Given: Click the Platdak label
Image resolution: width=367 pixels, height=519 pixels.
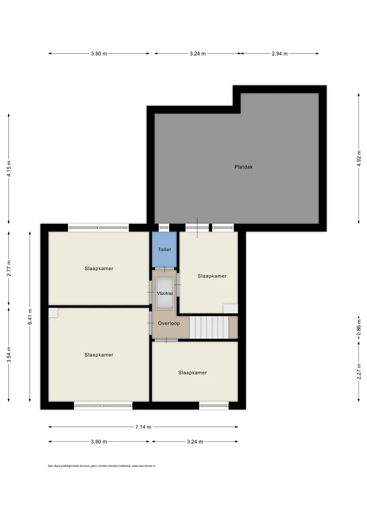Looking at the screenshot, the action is (243, 167).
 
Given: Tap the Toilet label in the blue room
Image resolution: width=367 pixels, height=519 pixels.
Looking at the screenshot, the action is (164, 250).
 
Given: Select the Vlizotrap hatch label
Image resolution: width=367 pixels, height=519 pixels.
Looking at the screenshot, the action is (165, 293).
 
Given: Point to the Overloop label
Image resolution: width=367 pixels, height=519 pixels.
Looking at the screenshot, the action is (169, 323).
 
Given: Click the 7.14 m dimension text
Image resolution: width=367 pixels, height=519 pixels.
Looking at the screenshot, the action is (143, 427).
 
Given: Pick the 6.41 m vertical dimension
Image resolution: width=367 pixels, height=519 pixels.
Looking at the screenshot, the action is (30, 317).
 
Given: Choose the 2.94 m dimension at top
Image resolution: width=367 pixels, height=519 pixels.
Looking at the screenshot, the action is (279, 54).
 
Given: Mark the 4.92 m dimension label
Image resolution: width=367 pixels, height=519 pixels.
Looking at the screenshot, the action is (359, 159).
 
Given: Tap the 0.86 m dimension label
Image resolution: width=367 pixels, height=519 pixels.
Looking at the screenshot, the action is (359, 327).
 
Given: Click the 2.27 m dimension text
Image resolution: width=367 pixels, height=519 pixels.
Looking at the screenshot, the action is (359, 371).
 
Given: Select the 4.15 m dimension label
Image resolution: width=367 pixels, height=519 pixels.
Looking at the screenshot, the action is (9, 169).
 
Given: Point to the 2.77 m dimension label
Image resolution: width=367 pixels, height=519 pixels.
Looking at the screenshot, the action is (9, 268).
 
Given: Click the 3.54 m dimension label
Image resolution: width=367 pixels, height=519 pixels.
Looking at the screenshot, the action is (9, 355).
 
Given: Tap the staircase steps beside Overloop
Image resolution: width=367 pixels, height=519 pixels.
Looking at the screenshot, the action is (209, 327).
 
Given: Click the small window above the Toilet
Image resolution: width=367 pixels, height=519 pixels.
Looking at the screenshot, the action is (164, 228).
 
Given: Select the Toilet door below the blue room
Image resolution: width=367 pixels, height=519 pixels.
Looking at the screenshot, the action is (164, 269).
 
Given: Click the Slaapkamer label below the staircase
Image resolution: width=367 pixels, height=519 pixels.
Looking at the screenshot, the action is (192, 373).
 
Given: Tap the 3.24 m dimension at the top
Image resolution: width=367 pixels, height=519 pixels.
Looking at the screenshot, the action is (197, 54).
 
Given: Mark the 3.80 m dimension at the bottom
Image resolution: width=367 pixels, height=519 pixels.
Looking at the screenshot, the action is (99, 441).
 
